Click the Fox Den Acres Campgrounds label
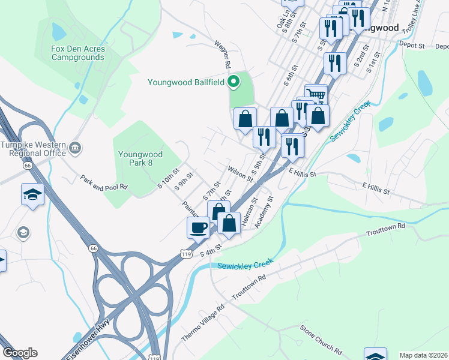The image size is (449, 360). (78, 53)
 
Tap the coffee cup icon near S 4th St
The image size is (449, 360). (199, 227)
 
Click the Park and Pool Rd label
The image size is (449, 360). (104, 182)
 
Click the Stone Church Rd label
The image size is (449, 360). (321, 339)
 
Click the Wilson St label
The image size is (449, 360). (240, 173)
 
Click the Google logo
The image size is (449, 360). (20, 353)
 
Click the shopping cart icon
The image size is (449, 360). (316, 94)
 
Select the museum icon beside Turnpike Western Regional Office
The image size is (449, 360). (75, 147)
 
